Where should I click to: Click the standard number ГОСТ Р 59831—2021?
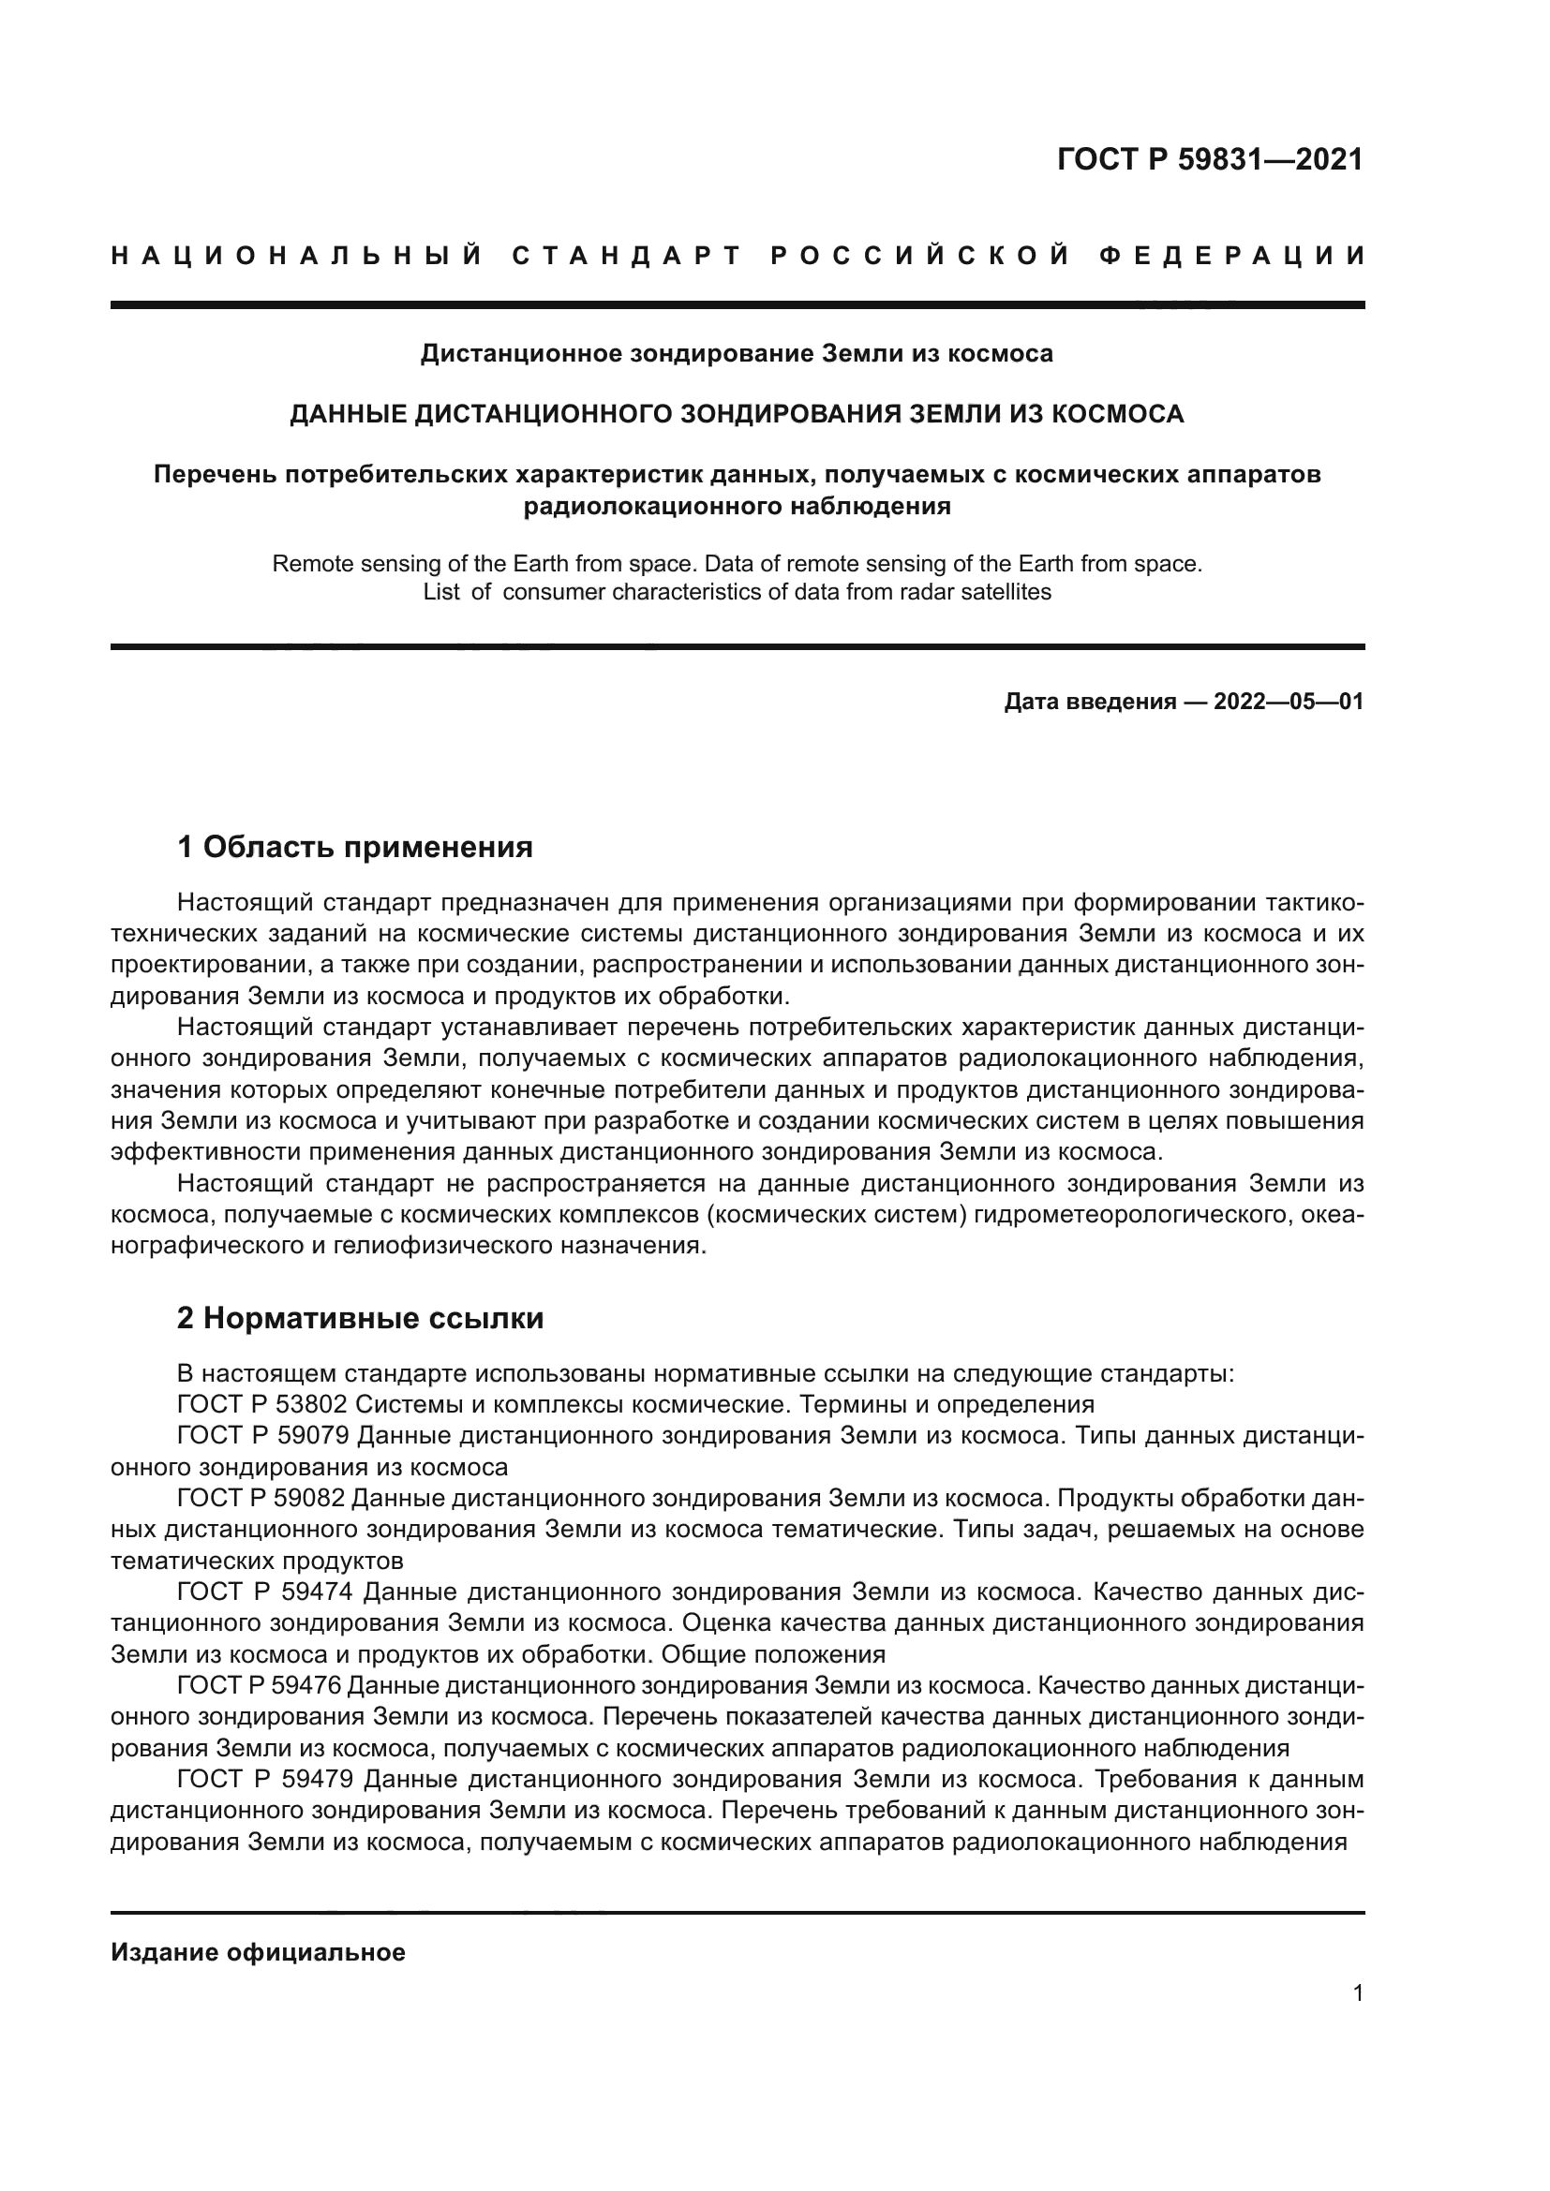(x=1209, y=159)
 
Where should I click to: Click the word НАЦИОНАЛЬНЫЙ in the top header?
(x=297, y=256)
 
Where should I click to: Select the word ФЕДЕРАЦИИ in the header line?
(x=1232, y=256)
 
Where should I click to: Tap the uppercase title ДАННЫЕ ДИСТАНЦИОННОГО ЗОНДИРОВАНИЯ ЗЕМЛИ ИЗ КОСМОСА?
(x=737, y=414)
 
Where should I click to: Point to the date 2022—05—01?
(x=1289, y=703)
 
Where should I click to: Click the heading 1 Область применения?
(x=355, y=847)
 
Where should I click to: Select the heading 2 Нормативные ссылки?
(x=361, y=1319)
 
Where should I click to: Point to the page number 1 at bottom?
(x=1358, y=1993)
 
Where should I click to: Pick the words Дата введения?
(x=1090, y=703)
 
